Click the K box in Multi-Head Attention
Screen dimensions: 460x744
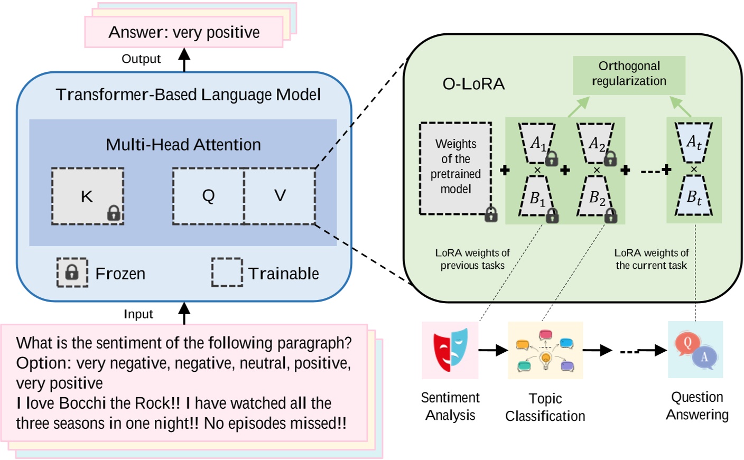click(87, 196)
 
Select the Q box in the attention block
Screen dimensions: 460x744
click(208, 196)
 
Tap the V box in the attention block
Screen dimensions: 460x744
click(280, 196)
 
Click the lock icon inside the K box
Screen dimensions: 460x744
click(114, 213)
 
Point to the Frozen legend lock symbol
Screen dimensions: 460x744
click(72, 273)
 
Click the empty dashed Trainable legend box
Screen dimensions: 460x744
click(227, 273)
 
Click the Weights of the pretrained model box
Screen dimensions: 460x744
click(455, 168)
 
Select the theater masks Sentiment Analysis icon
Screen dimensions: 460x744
click(450, 349)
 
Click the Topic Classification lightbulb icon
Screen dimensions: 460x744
click(545, 350)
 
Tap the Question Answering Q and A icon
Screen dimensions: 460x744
click(695, 350)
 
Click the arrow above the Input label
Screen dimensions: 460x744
click(184, 313)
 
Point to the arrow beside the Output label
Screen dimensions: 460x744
click(184, 60)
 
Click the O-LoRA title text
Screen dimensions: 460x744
click(473, 84)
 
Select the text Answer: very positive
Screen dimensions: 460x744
click(184, 33)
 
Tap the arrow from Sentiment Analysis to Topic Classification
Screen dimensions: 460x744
click(492, 350)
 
